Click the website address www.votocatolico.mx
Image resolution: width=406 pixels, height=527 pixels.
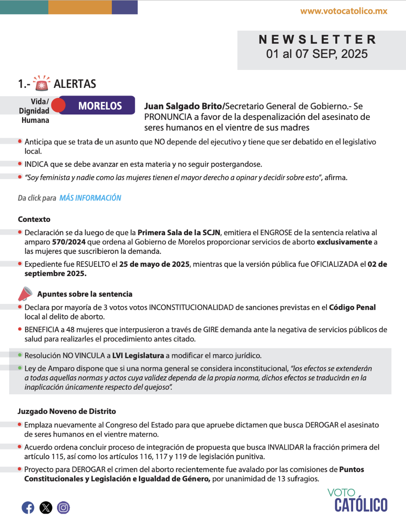click(344, 11)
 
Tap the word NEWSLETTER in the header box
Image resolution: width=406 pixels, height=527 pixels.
click(317, 40)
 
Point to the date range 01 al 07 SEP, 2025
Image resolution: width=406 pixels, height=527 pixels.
click(317, 54)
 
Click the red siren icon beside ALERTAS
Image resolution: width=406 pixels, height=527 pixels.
click(41, 83)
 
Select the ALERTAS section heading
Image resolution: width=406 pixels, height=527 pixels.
click(75, 84)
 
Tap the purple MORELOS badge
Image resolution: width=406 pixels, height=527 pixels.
click(100, 106)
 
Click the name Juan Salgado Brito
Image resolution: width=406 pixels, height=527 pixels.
click(183, 106)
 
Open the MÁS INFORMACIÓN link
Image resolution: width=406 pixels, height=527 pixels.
click(90, 198)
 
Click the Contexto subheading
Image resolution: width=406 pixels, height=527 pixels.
click(34, 219)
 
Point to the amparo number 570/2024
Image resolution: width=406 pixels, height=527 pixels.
click(69, 242)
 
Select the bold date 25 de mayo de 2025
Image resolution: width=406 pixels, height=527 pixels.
click(154, 264)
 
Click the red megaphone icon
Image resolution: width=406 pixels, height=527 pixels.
click(25, 293)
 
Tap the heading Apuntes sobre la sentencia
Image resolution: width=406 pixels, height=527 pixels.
click(85, 294)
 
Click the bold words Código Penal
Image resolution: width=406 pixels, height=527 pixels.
click(352, 307)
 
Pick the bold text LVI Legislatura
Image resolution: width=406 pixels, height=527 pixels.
click(138, 355)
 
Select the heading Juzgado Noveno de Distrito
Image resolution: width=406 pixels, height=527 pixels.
click(67, 411)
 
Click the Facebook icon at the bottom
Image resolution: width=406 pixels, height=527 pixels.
click(28, 507)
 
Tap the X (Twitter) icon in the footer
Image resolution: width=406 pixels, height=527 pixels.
click(46, 507)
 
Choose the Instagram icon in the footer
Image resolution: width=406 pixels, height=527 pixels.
click(63, 507)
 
